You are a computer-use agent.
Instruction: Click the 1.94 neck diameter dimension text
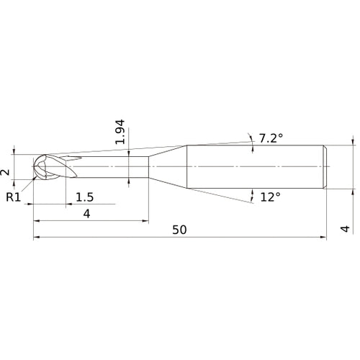pos(120,132)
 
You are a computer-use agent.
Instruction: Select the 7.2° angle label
pos(271,138)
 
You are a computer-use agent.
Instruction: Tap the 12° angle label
pos(271,197)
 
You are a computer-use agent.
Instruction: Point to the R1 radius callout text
pos(14,197)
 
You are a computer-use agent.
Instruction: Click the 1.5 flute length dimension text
pos(85,197)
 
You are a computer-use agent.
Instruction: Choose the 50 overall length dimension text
pos(179,230)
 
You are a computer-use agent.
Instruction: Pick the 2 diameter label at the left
pos(6,172)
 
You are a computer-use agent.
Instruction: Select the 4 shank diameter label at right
pos(345,229)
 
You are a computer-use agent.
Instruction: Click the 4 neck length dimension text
pos(86,214)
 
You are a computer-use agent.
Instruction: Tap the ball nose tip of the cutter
pos(34,166)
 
